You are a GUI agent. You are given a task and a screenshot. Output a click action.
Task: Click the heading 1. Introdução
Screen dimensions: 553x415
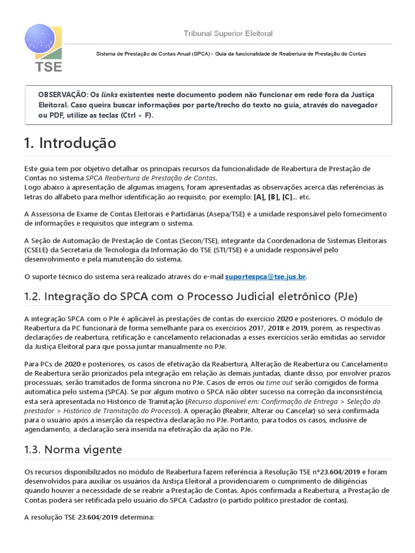tap(70, 143)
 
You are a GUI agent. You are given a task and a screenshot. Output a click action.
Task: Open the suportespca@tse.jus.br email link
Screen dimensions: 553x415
tap(265, 277)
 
